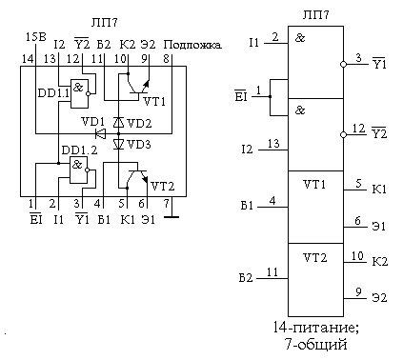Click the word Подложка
(193, 45)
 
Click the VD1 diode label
(94, 122)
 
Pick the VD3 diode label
(139, 145)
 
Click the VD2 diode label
(139, 123)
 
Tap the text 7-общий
(314, 345)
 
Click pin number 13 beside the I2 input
(274, 144)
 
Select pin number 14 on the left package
(27, 59)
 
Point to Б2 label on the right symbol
(245, 278)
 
